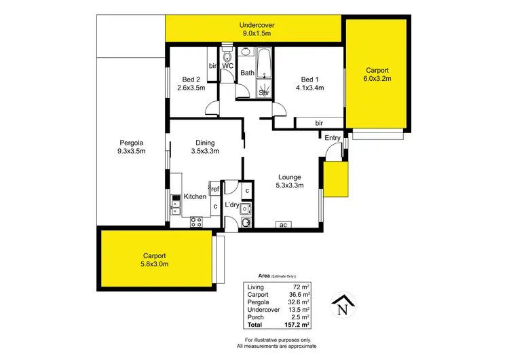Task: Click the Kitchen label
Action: [x=195, y=196]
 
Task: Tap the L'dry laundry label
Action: [x=232, y=204]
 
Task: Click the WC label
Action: [x=228, y=66]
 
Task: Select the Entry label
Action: [x=333, y=138]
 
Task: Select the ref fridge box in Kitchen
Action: [x=214, y=190]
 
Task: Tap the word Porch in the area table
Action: [x=256, y=317]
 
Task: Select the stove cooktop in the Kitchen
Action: [x=197, y=221]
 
